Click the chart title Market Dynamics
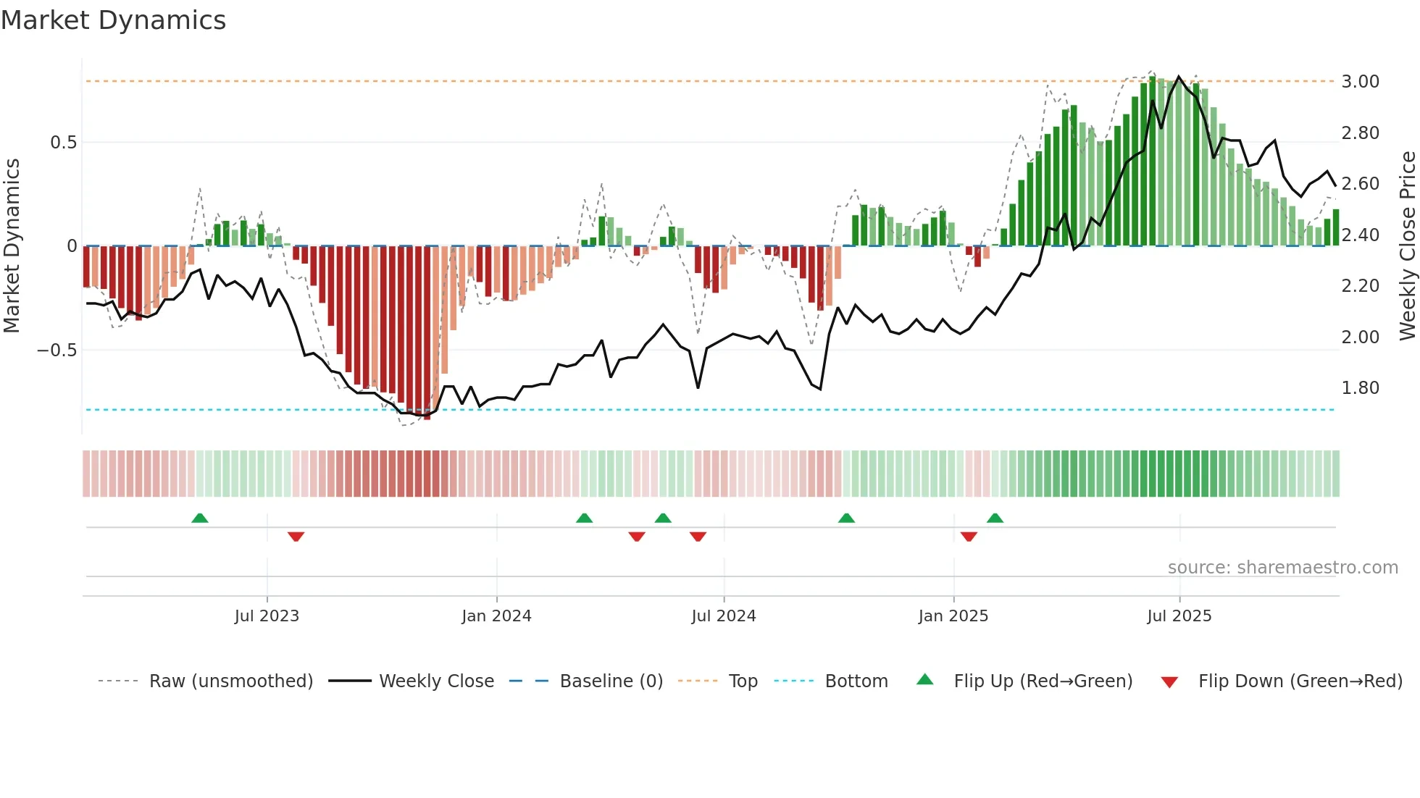(x=113, y=20)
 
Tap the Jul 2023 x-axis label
(x=267, y=616)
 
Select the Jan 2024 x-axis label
(x=496, y=616)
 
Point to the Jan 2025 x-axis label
(x=953, y=616)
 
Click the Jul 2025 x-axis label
(x=1179, y=616)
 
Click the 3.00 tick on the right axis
(x=1360, y=82)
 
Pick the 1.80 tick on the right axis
(x=1360, y=388)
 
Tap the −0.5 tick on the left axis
(x=57, y=350)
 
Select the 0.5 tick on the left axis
(x=63, y=143)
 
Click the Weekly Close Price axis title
(x=1407, y=245)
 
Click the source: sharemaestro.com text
(x=1282, y=568)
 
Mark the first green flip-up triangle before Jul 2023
(x=200, y=518)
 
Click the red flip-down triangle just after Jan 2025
(x=969, y=537)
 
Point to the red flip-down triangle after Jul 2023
(x=296, y=537)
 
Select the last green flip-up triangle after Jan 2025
(x=995, y=518)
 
